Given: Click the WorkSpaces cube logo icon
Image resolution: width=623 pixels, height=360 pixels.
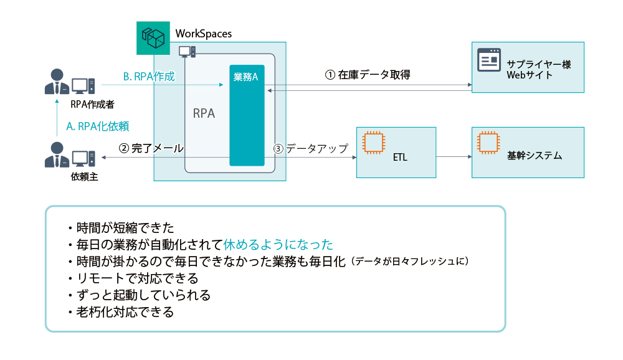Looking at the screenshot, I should click(153, 37).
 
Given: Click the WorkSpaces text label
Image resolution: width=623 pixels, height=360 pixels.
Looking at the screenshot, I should click(204, 34).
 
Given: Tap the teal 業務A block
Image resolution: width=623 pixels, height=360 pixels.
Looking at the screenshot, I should click(247, 115).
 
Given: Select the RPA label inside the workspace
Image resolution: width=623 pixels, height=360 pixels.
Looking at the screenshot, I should click(204, 113).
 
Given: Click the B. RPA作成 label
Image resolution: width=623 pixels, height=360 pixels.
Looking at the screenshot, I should click(149, 77).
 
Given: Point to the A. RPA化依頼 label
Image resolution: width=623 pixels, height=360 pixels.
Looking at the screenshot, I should click(98, 126).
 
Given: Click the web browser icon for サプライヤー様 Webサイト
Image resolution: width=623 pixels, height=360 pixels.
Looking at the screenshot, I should click(489, 60).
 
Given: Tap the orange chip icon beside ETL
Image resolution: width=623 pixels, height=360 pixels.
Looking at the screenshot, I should click(373, 143).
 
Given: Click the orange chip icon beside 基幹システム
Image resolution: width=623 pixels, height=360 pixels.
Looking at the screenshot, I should click(488, 143).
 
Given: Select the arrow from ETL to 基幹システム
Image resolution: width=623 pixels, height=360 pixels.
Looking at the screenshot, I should click(453, 156).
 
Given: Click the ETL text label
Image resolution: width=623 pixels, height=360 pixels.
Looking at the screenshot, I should click(401, 157).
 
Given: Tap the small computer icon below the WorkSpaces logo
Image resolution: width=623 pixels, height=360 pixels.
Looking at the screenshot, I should click(187, 51).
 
